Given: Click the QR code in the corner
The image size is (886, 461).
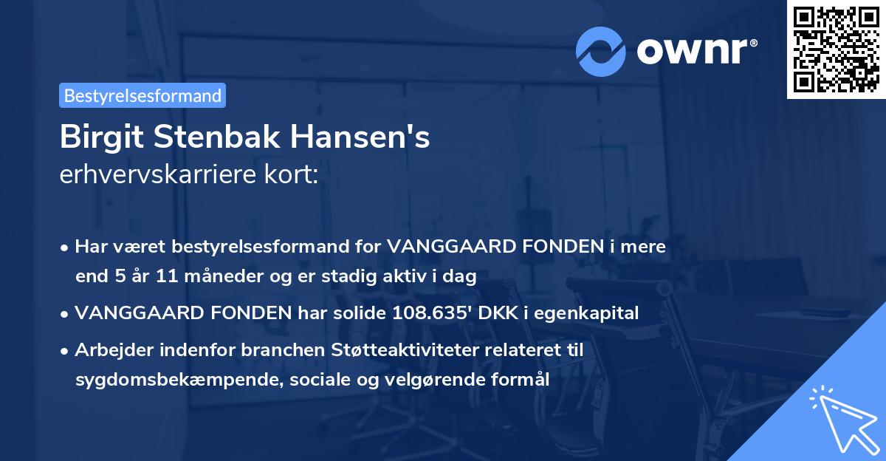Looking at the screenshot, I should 836,49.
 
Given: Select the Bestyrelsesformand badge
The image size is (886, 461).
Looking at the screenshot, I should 142,95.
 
